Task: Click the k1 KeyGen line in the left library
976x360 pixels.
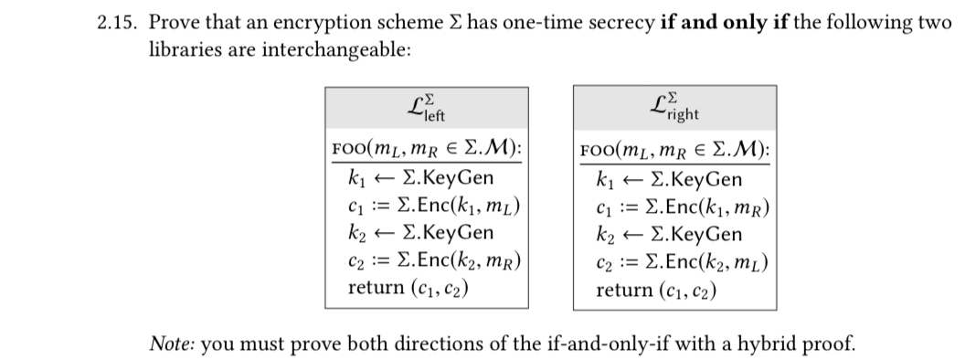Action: (x=420, y=178)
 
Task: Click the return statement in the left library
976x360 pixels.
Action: (x=407, y=288)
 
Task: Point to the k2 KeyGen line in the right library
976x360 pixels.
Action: (x=668, y=233)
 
